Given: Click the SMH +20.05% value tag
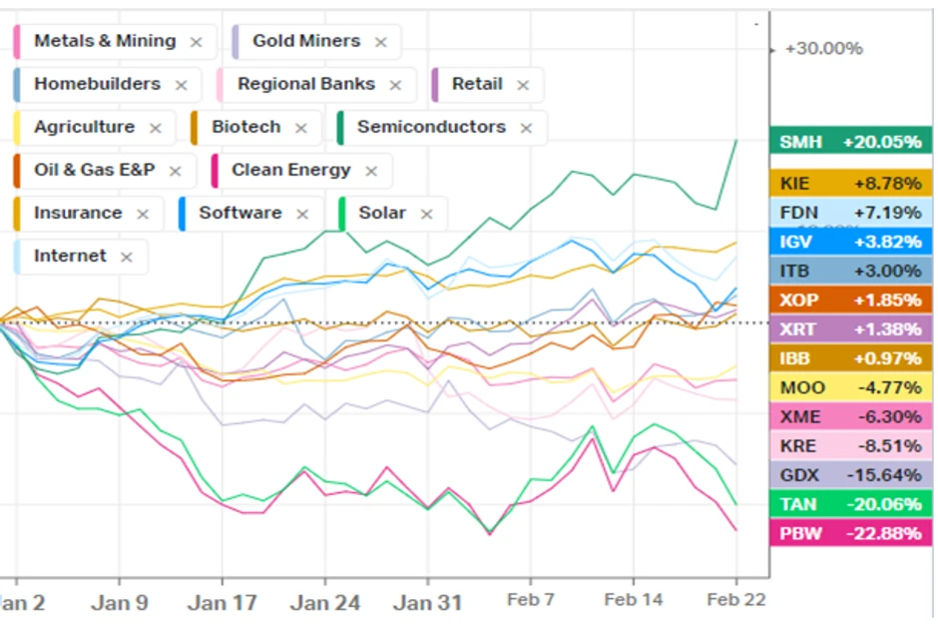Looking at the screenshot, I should pos(850,142).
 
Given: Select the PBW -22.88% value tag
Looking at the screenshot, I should pos(850,533).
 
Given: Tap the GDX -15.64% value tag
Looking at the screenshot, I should pos(850,474).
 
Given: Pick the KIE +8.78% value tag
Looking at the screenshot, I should pos(850,184).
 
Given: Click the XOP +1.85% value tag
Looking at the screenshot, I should pos(850,300).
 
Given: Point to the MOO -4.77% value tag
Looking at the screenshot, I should pos(850,387).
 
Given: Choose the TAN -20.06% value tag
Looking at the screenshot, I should pos(850,504).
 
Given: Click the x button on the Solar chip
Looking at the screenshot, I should pos(427,215).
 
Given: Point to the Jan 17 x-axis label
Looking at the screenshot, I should pos(223,602).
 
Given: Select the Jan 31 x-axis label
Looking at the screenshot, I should pos(427,602).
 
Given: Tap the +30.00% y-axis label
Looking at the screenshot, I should pos(823,49).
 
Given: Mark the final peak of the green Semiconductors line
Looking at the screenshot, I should pos(736,141).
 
